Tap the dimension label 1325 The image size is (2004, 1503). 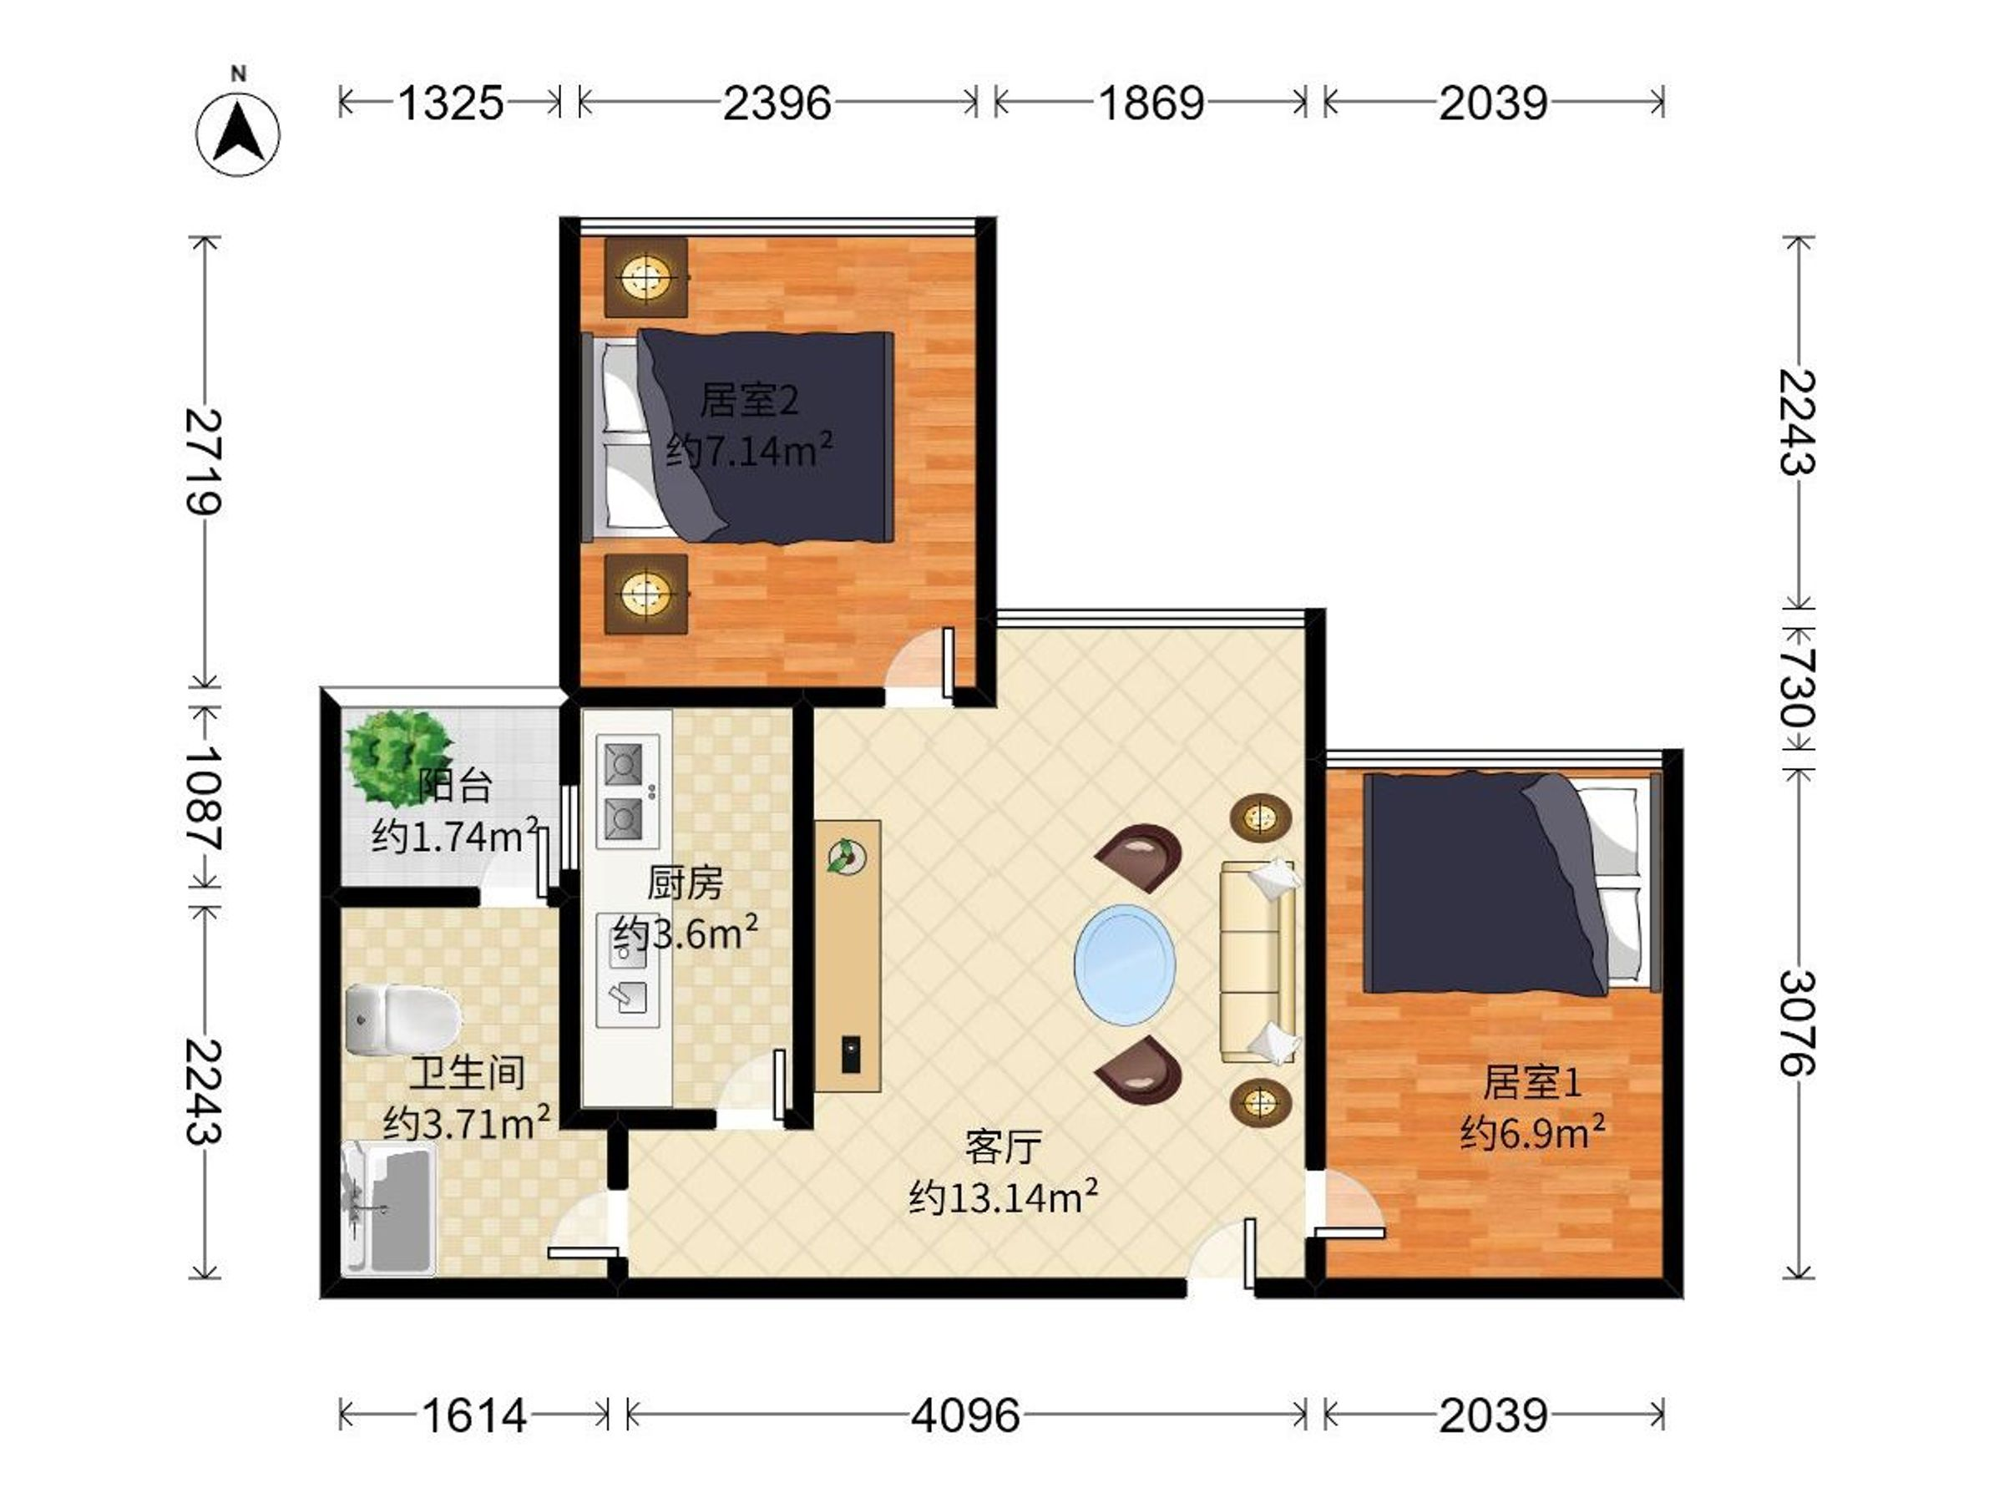click(450, 103)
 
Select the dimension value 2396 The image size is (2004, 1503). click(777, 103)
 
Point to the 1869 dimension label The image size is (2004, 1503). click(1151, 103)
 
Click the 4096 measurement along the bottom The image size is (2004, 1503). click(965, 1414)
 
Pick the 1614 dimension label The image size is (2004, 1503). click(473, 1414)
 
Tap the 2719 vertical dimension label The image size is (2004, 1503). click(204, 462)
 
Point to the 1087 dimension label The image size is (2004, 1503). click(204, 798)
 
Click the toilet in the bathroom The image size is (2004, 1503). click(402, 1020)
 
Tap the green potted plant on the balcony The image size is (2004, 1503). click(397, 759)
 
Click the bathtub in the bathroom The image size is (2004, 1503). click(388, 1207)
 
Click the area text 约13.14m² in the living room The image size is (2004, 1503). click(1004, 1196)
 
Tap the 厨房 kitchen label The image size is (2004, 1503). click(685, 883)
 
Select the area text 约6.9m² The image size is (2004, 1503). click(1532, 1131)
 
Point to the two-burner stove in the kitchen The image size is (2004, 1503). click(627, 790)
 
